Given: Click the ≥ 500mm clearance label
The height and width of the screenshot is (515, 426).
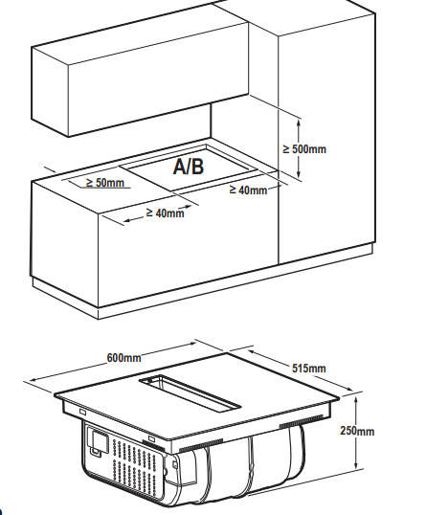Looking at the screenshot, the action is click(304, 149).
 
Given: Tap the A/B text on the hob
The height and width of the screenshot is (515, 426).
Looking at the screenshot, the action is click(189, 167).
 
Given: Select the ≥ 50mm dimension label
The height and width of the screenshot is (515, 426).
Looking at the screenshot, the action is click(105, 183).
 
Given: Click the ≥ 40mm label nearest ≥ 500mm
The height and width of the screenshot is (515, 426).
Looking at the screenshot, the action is click(248, 190).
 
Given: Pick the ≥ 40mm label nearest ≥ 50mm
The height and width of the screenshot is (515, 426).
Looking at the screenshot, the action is click(165, 213).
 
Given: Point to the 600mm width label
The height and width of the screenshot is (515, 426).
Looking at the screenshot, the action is click(123, 358).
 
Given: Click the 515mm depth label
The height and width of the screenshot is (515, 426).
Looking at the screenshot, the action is click(309, 369).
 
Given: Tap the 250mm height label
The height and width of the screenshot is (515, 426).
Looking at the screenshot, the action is click(357, 431).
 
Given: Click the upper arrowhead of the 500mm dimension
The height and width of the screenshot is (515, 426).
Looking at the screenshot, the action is click(299, 123).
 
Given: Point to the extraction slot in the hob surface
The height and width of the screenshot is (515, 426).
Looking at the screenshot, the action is click(191, 392).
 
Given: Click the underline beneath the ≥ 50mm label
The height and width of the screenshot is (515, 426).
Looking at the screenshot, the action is click(106, 189).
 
